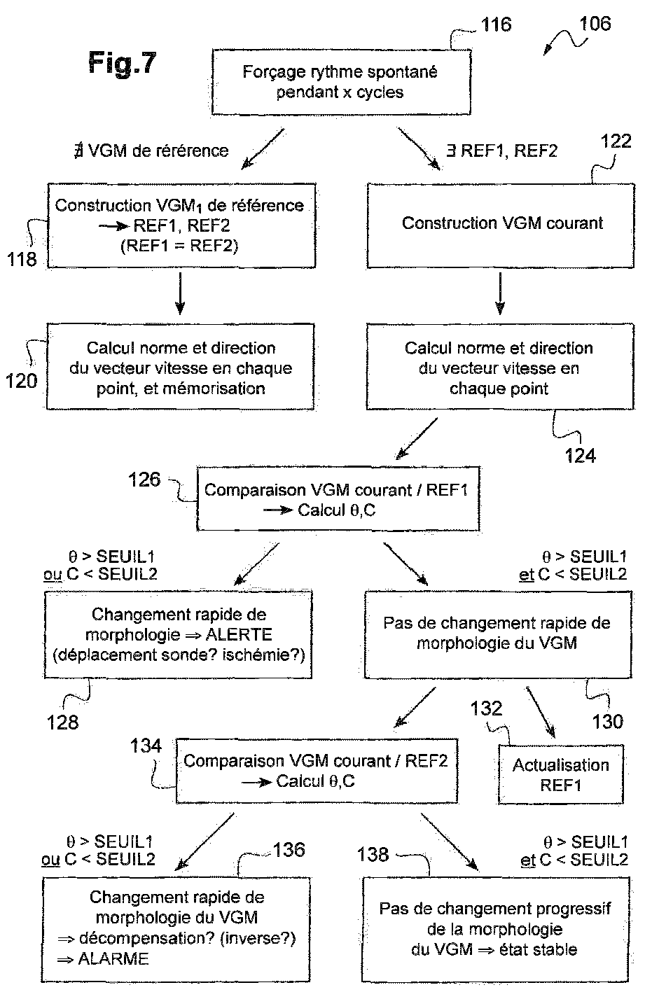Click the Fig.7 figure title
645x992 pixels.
(x=122, y=62)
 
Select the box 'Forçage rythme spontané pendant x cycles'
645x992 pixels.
(x=341, y=83)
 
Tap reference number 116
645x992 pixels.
(x=496, y=24)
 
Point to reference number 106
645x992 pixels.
(x=595, y=23)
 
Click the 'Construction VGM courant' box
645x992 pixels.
(x=501, y=226)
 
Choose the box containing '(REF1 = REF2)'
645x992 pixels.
(x=181, y=226)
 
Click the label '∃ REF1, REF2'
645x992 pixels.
(x=501, y=151)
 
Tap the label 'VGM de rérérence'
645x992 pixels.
(x=158, y=151)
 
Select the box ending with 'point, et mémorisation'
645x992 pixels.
(x=180, y=367)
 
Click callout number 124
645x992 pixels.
(x=581, y=456)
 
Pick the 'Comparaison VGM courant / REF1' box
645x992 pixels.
(x=338, y=498)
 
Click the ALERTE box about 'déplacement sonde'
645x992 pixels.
(x=178, y=635)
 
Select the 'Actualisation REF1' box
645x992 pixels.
(x=561, y=774)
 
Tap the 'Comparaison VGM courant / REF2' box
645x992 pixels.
(x=317, y=771)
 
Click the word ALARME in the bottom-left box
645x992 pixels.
(x=113, y=959)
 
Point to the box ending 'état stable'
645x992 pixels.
(x=496, y=929)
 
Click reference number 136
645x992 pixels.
(x=289, y=850)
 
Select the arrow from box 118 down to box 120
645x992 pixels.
(x=180, y=293)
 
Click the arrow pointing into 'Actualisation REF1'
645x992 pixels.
(x=541, y=712)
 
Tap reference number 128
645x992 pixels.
(x=62, y=722)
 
